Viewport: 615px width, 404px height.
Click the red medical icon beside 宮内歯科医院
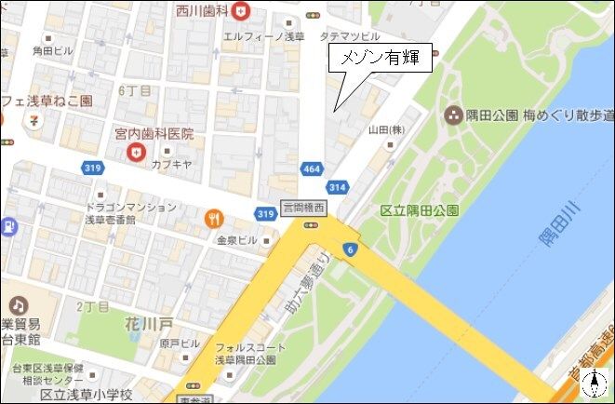click(139, 152)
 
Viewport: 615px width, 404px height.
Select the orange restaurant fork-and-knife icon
click(214, 220)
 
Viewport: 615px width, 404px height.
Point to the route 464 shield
click(312, 169)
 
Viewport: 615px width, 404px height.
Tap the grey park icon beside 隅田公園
click(454, 116)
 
